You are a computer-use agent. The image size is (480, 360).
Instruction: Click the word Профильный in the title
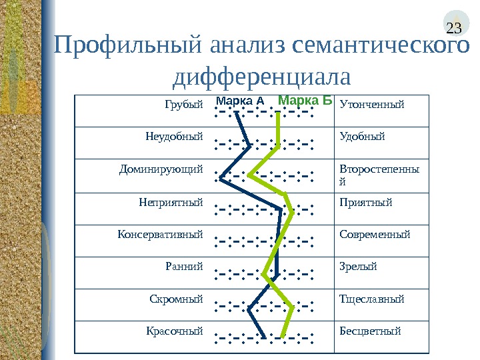129,48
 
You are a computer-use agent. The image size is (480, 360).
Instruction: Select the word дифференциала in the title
261,77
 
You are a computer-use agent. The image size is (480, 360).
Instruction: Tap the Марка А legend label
240,101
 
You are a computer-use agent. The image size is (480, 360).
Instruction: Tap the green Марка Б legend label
304,101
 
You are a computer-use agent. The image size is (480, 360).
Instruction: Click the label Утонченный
372,105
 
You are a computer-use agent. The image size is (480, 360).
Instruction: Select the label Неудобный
174,137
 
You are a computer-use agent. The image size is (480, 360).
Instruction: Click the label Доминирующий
161,169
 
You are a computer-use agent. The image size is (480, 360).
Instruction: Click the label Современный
375,235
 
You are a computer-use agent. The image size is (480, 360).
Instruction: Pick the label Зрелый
359,267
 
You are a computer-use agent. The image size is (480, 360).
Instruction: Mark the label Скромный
176,299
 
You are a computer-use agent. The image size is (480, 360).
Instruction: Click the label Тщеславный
372,299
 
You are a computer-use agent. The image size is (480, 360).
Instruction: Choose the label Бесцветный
370,331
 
